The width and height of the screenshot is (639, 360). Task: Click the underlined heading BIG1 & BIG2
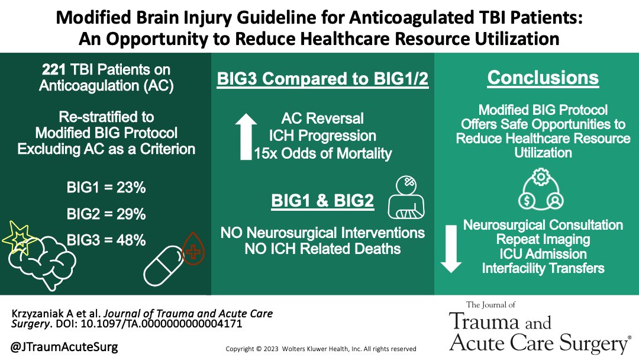[x=322, y=201]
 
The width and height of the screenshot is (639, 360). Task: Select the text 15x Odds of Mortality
[x=323, y=153]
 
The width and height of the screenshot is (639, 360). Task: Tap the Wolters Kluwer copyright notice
[x=321, y=349]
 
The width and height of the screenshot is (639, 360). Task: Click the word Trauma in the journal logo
[x=484, y=322]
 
